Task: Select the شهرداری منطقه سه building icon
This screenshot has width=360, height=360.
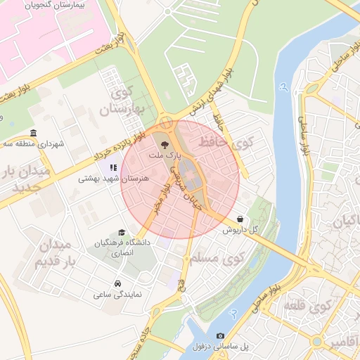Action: tap(34, 134)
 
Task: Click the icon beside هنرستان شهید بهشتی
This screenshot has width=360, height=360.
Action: tap(113, 167)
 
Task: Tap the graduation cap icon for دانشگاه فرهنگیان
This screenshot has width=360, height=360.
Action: tap(122, 232)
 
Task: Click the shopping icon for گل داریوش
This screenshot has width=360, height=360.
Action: tap(241, 219)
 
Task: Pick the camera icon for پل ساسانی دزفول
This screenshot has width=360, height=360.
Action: tap(220, 336)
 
